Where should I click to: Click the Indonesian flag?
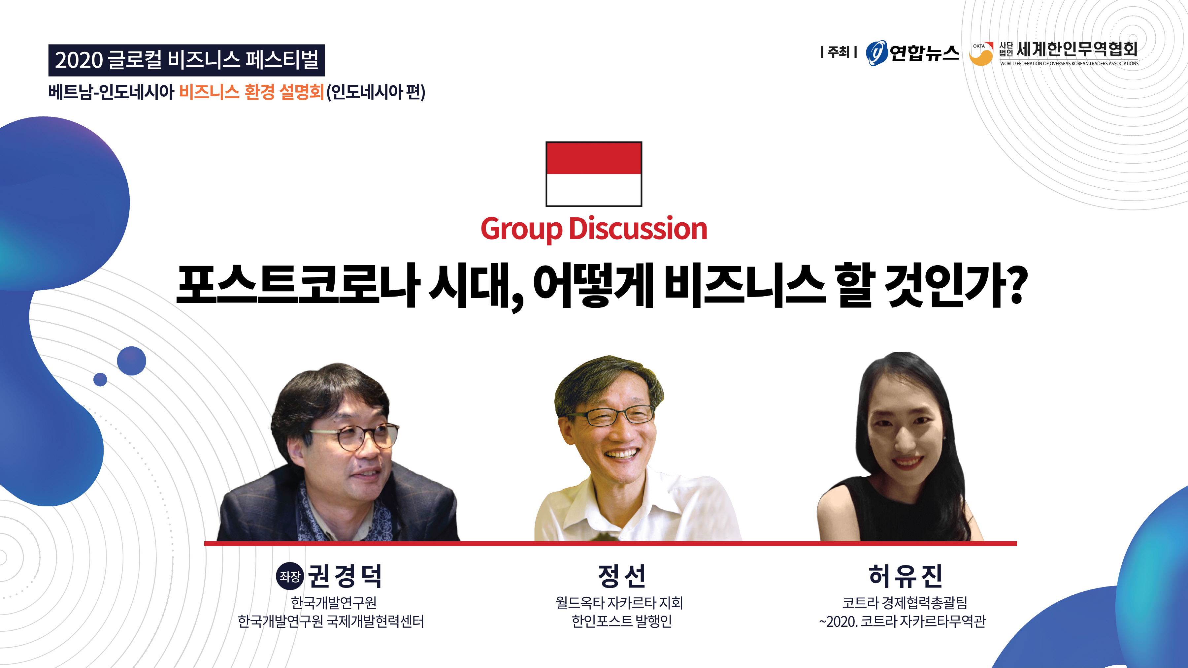point(594,174)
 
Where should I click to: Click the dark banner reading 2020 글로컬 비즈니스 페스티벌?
point(186,60)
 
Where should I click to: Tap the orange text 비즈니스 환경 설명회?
point(251,92)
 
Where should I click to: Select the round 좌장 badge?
point(290,576)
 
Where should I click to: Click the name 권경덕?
point(345,576)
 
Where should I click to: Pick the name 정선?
point(621,576)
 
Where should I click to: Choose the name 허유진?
point(905,576)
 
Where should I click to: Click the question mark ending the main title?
point(1016,285)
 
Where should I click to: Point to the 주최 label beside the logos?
point(839,52)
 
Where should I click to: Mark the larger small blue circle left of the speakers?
point(131,361)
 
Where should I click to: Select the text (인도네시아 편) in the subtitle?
point(376,92)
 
